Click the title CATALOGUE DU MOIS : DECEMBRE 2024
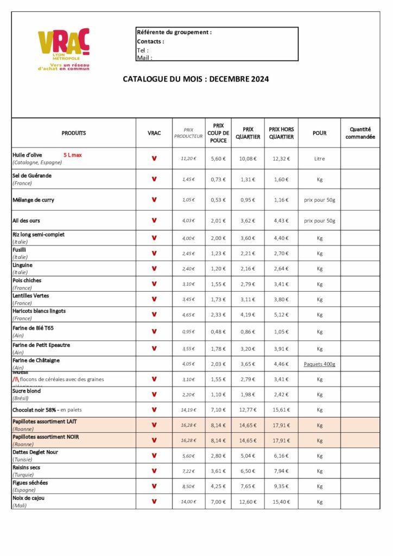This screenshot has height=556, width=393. [x=196, y=79]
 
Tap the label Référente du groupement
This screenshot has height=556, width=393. [x=174, y=33]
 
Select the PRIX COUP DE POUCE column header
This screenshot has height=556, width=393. [x=218, y=133]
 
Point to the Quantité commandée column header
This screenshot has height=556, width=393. [x=360, y=133]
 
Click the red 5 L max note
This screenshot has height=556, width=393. [x=72, y=155]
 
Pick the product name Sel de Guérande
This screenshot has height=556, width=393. [x=32, y=176]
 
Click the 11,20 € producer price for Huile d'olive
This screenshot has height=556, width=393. [x=188, y=159]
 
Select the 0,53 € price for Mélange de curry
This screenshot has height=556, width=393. [x=218, y=200]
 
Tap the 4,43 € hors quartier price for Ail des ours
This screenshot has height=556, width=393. [x=281, y=220]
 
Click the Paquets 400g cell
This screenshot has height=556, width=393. [x=319, y=364]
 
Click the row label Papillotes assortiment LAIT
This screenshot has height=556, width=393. [x=46, y=421]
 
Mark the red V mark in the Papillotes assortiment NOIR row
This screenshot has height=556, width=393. [x=154, y=440]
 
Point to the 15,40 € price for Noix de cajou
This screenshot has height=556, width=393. [x=281, y=502]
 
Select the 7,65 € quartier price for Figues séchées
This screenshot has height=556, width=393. [x=248, y=486]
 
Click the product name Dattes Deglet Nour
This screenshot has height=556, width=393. [x=35, y=452]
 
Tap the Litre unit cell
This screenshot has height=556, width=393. [x=319, y=159]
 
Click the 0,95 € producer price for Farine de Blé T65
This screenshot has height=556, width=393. [x=188, y=332]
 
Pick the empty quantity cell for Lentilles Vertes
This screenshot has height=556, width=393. [x=360, y=299]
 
